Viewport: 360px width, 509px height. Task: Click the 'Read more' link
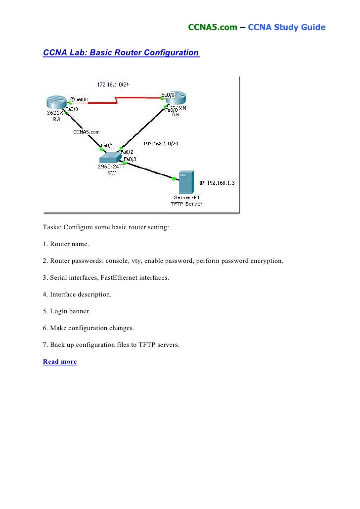(60, 362)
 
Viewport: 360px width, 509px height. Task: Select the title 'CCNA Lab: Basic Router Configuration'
(121, 52)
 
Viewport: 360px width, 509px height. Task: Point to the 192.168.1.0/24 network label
(161, 143)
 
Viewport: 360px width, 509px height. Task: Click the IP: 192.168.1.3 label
(217, 182)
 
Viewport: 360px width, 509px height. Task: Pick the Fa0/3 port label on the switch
(130, 159)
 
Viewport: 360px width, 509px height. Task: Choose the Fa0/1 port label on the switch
(107, 146)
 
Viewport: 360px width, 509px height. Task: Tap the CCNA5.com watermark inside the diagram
(87, 132)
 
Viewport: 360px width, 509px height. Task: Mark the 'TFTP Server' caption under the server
(186, 204)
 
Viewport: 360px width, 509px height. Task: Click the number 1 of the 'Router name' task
(45, 244)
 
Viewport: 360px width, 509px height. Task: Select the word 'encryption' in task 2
(268, 261)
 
